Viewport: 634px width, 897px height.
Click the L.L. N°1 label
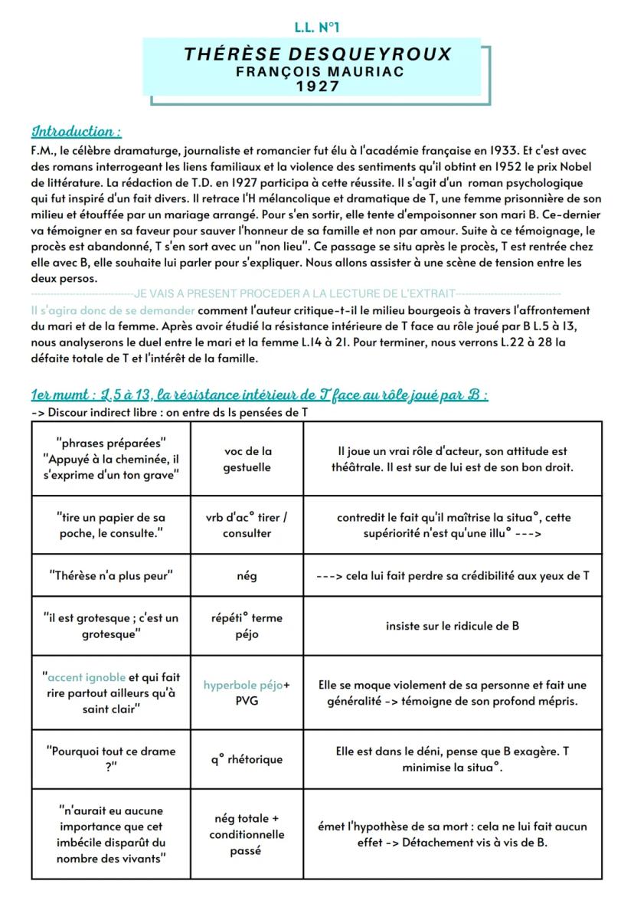point(316,28)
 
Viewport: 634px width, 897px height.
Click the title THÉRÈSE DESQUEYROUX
point(318,54)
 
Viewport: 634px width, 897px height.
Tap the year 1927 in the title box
point(318,87)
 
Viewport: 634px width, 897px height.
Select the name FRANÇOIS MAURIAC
point(318,71)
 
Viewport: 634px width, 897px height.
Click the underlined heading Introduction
point(76,131)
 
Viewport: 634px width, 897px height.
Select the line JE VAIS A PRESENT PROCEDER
point(293,294)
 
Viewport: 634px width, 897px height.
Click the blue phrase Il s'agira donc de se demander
point(113,310)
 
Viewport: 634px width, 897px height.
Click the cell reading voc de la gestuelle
point(247,459)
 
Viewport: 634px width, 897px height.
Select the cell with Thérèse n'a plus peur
point(111,575)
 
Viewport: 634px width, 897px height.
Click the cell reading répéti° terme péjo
point(247,626)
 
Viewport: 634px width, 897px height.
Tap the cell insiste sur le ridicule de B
point(452,626)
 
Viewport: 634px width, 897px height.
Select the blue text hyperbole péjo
point(242,685)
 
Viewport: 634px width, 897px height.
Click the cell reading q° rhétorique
point(247,760)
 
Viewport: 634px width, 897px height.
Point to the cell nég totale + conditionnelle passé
point(247,834)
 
